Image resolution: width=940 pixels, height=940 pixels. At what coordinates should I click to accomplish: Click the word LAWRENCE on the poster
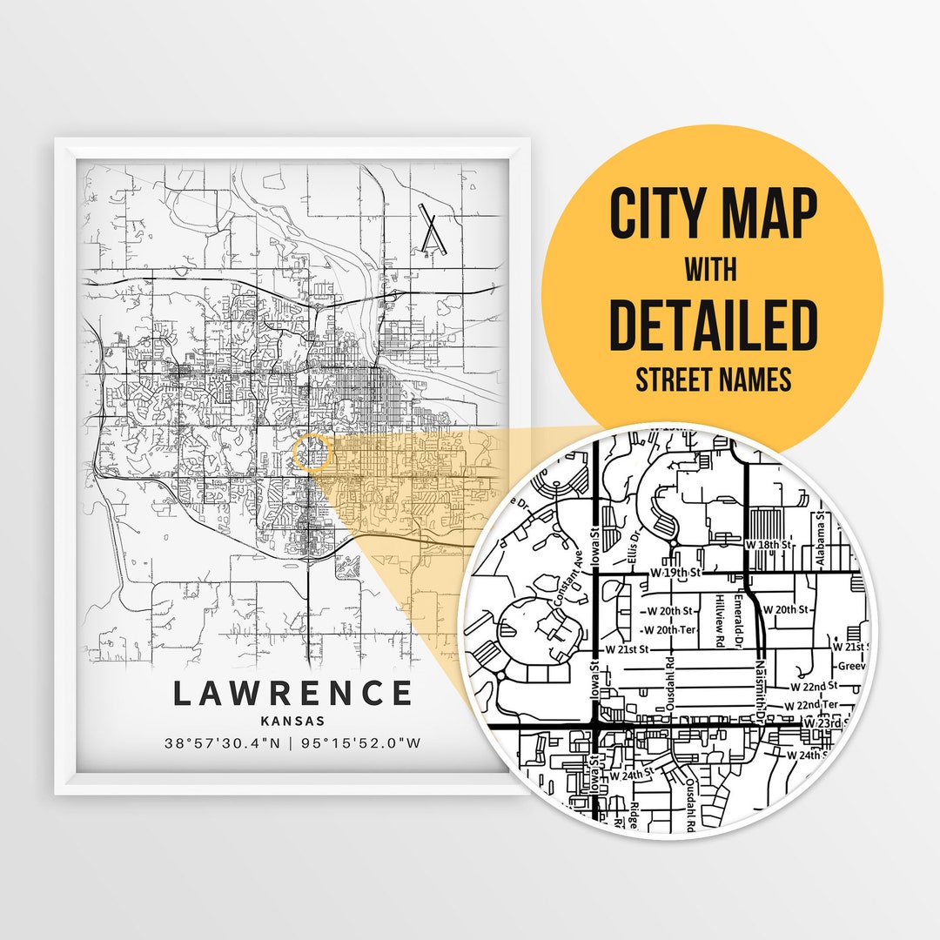292,694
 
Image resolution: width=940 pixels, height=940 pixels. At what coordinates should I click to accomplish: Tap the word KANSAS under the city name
292,721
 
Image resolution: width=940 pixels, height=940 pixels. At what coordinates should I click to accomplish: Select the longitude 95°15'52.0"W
361,743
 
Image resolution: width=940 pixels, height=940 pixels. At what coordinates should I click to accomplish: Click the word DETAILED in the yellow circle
713,323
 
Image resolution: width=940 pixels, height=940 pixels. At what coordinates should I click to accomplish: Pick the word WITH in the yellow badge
712,270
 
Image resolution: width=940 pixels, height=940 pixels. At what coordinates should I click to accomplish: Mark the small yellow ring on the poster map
313,453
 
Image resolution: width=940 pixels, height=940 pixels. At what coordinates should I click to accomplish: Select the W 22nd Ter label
810,705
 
